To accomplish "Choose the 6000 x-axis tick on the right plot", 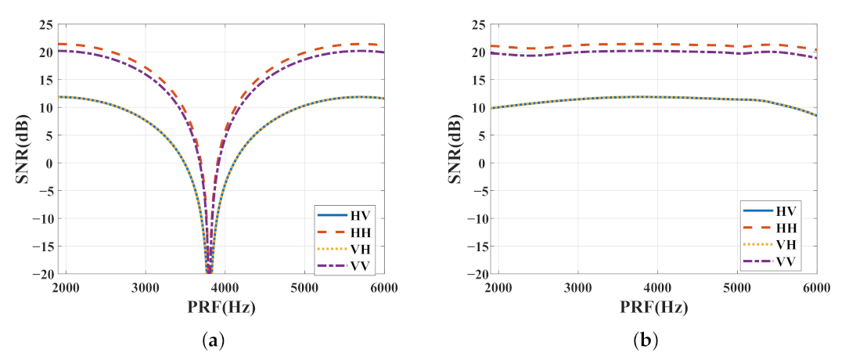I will coord(815,287).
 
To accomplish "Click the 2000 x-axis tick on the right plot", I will coord(498,287).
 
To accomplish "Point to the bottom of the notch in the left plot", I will coord(209,271).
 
